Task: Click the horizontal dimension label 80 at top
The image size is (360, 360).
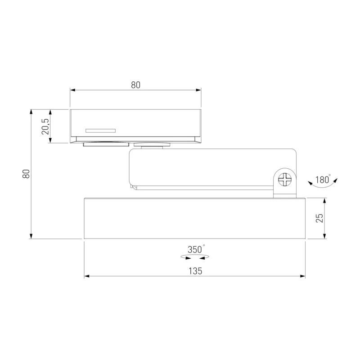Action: pyautogui.click(x=135, y=85)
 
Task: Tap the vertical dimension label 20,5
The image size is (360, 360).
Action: pyautogui.click(x=45, y=126)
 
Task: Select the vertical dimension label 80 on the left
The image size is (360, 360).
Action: pyautogui.click(x=26, y=174)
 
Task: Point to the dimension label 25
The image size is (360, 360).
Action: pyautogui.click(x=319, y=218)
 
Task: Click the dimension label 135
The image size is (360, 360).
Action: pyautogui.click(x=195, y=271)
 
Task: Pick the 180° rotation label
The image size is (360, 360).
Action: pyautogui.click(x=323, y=179)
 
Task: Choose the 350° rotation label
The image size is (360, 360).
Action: pyautogui.click(x=196, y=249)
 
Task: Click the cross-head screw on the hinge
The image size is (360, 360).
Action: pyautogui.click(x=285, y=179)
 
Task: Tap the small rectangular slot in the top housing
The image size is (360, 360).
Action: pyautogui.click(x=100, y=131)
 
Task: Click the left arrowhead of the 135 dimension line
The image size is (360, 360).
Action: pyautogui.click(x=86, y=276)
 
